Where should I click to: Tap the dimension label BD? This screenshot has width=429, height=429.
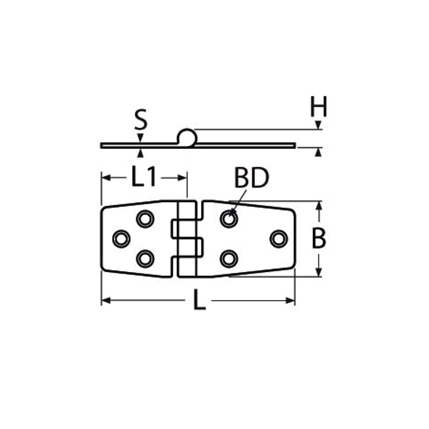coord(252,178)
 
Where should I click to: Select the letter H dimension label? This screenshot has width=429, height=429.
coord(319,106)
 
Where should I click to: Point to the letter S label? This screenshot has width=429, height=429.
coord(141,119)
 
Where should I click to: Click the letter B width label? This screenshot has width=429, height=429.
coord(319,238)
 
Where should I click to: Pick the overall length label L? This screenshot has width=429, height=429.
coord(199,300)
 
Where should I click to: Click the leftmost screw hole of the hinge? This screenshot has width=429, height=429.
coord(121,239)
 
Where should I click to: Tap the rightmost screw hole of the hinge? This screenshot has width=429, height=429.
coord(278,239)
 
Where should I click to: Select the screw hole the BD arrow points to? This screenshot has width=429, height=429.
coord(229,219)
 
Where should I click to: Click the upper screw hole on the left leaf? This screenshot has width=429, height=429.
coord(145,219)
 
